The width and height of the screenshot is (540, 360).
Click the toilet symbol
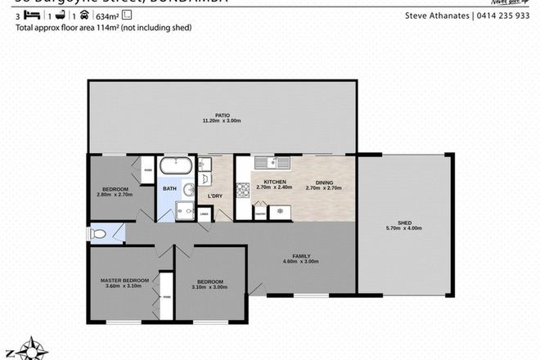pyautogui.click(x=100, y=233)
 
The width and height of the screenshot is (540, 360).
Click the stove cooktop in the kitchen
pyautogui.click(x=242, y=191)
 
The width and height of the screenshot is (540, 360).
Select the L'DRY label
pyautogui.click(x=216, y=196)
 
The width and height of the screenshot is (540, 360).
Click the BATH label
pyautogui.click(x=169, y=189)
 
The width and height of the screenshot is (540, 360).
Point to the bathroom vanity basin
pyautogui.click(x=189, y=190)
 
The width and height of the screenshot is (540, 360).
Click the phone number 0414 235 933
pyautogui.click(x=505, y=15)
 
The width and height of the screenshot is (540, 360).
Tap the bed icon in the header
pyautogui.click(x=25, y=15)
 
